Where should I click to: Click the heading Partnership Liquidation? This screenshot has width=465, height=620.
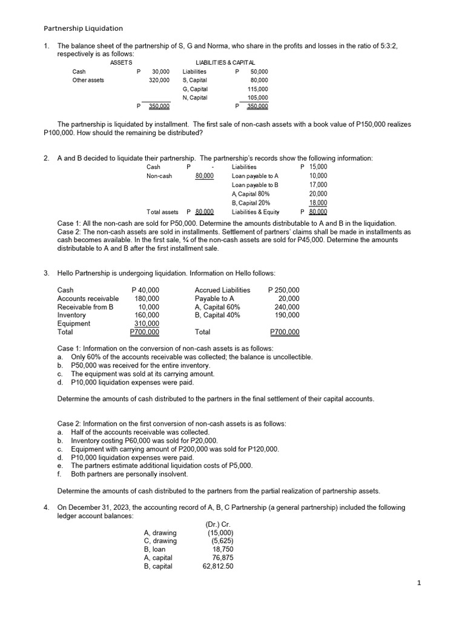coord(84,28)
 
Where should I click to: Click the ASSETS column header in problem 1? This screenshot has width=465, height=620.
coord(121,62)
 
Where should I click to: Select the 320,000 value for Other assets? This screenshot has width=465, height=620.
coord(159,80)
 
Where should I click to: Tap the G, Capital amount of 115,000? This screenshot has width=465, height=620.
coord(258,89)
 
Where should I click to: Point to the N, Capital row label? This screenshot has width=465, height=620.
coord(194,97)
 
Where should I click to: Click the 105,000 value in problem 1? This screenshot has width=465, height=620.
coord(258,97)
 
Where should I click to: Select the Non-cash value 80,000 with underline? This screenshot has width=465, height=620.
coord(204,176)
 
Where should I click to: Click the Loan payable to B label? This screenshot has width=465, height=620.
coord(255,185)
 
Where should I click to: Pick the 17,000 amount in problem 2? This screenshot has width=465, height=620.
coord(318,185)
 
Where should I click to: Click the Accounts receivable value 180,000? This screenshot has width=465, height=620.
coord(147,298)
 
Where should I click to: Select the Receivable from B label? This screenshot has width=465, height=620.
coord(85,307)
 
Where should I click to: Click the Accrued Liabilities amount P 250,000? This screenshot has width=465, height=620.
coord(283,290)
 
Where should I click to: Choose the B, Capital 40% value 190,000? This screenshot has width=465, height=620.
coord(287,315)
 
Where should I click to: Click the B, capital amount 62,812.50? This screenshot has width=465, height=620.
coord(218,566)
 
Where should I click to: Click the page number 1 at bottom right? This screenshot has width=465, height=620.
coord(419,582)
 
